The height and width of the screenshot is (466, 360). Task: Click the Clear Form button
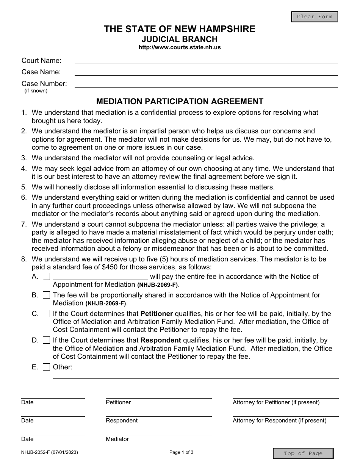tap(314, 17)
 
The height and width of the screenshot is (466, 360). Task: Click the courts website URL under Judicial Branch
tap(180, 48)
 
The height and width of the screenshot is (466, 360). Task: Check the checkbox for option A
tap(46, 277)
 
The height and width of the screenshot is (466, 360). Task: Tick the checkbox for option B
tap(46, 295)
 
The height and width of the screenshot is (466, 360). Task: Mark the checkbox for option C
tap(46, 314)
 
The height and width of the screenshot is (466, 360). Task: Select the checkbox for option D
tap(46, 340)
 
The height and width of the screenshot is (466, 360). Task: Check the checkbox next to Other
tap(46, 367)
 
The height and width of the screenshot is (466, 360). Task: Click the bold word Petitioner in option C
tap(157, 314)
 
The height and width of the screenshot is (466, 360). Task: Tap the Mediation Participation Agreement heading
tap(180, 102)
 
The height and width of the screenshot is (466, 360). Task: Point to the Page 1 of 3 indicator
tap(181, 452)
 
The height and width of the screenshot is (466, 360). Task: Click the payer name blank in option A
tap(100, 277)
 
